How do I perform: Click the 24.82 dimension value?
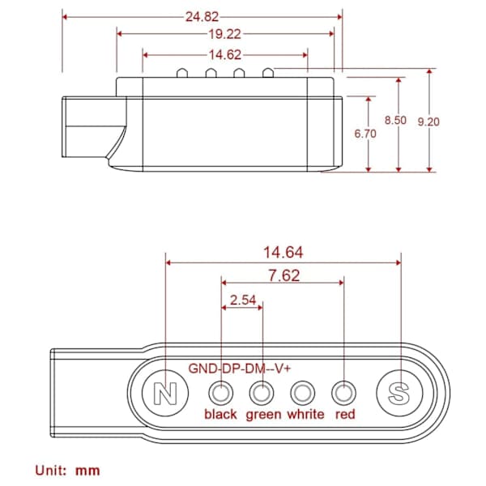[202, 17]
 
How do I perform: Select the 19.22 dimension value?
[224, 34]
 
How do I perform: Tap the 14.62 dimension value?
[225, 55]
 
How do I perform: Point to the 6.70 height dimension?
[365, 134]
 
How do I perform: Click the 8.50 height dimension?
[395, 120]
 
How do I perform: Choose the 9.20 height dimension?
[428, 122]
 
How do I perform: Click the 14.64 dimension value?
[283, 252]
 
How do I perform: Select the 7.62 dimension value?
[284, 275]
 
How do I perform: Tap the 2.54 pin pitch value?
[243, 300]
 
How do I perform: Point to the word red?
[345, 415]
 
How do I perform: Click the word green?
[263, 416]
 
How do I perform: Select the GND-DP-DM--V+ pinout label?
[240, 369]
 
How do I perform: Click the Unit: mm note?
[67, 471]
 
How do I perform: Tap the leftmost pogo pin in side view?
[182, 73]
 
